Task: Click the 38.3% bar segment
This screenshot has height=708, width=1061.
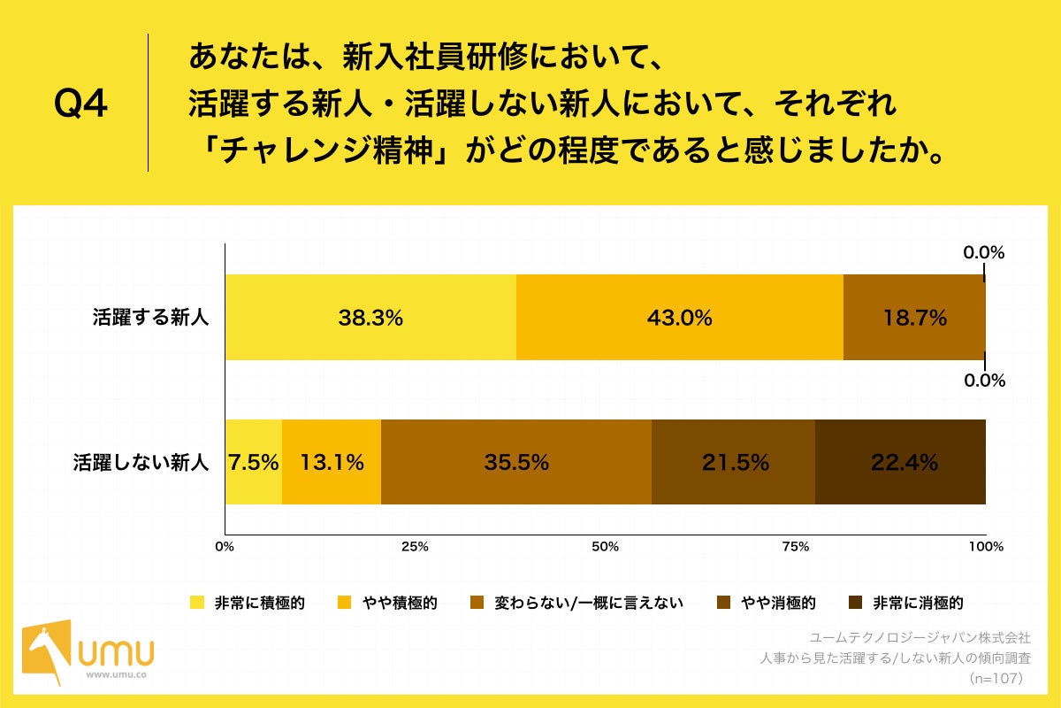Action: click(370, 318)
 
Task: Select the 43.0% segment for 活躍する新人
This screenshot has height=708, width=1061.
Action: click(679, 318)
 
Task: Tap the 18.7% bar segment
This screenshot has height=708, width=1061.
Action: click(914, 318)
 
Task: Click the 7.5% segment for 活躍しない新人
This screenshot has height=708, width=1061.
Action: click(254, 462)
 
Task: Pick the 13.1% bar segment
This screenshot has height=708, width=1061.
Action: click(332, 462)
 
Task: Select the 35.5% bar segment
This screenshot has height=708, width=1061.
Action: click(516, 462)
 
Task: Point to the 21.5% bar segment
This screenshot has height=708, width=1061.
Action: click(733, 462)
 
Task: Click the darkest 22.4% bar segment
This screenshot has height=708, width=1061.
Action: click(900, 462)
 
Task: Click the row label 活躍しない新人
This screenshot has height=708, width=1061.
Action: click(141, 462)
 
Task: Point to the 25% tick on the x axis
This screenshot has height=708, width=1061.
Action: click(415, 547)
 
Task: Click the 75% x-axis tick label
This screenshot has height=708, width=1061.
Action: click(796, 547)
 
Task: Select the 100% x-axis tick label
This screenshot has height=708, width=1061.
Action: click(986, 547)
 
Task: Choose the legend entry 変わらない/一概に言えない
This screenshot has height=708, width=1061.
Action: click(588, 604)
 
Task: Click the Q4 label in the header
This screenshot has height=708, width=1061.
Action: click(81, 104)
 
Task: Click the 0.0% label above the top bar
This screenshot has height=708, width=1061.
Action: click(984, 252)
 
